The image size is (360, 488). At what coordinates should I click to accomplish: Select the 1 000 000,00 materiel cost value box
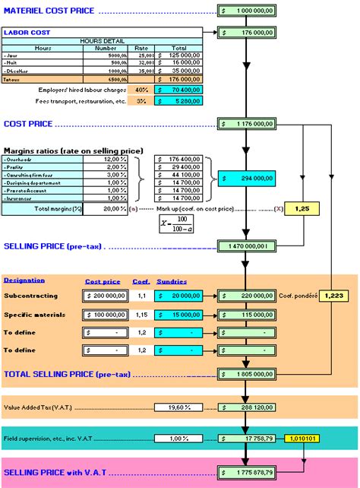click(244, 11)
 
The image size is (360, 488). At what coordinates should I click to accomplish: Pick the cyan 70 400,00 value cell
click(178, 89)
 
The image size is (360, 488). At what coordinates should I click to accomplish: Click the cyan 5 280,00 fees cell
click(178, 100)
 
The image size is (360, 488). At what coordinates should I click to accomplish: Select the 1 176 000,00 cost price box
click(244, 123)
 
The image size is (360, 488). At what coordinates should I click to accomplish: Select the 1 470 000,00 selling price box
click(244, 246)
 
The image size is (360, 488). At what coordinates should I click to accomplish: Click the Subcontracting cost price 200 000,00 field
click(105, 293)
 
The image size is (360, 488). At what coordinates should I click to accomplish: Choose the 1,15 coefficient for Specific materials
click(141, 313)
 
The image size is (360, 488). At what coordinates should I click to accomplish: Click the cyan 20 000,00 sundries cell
click(178, 293)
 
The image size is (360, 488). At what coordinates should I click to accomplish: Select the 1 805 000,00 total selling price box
click(244, 374)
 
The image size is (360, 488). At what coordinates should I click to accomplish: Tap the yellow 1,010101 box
click(302, 438)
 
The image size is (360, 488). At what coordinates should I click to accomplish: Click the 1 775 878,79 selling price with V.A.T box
click(244, 472)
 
